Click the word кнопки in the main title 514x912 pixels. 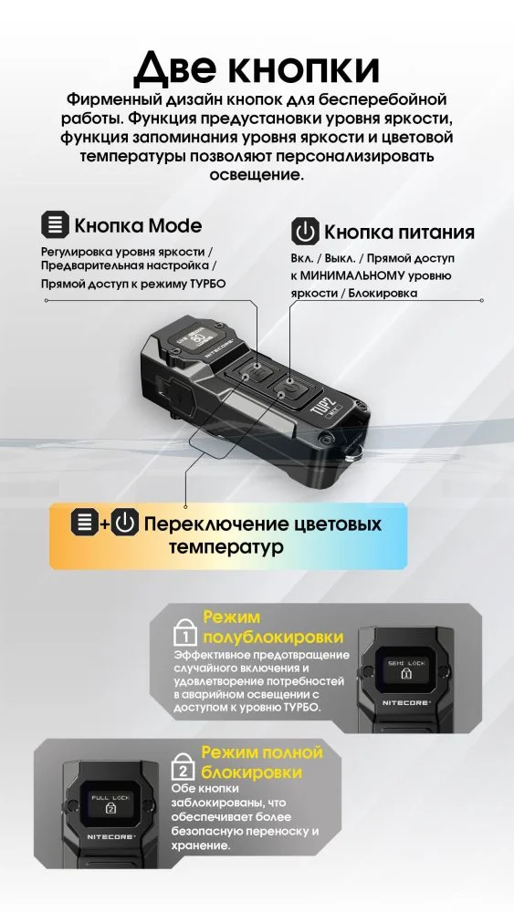pyautogui.click(x=302, y=68)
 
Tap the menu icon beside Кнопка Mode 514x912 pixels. pyautogui.click(x=55, y=225)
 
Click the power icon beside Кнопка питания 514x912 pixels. pyautogui.click(x=305, y=231)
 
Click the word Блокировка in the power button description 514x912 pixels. pyautogui.click(x=383, y=293)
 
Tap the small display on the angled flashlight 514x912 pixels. pyautogui.click(x=198, y=337)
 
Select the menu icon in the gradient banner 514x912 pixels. pyautogui.click(x=84, y=522)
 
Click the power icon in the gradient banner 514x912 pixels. pyautogui.click(x=124, y=522)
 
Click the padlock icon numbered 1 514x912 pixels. pyautogui.click(x=185, y=634)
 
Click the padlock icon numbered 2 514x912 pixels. pyautogui.click(x=184, y=768)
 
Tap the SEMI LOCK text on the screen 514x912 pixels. pyautogui.click(x=407, y=662)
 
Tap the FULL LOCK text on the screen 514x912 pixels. pyautogui.click(x=110, y=797)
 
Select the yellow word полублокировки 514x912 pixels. pyautogui.click(x=274, y=637)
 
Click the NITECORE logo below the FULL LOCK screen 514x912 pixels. pyautogui.click(x=111, y=836)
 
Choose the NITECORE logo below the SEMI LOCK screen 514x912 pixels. pyautogui.click(x=407, y=702)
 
